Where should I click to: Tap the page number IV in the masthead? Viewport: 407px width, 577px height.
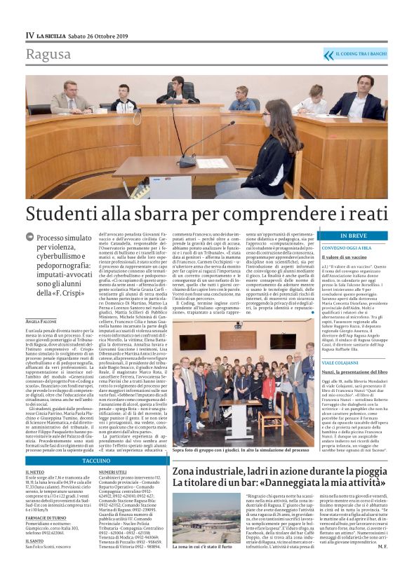(x=29, y=34)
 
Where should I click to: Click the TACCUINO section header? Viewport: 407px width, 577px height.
(x=97, y=461)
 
